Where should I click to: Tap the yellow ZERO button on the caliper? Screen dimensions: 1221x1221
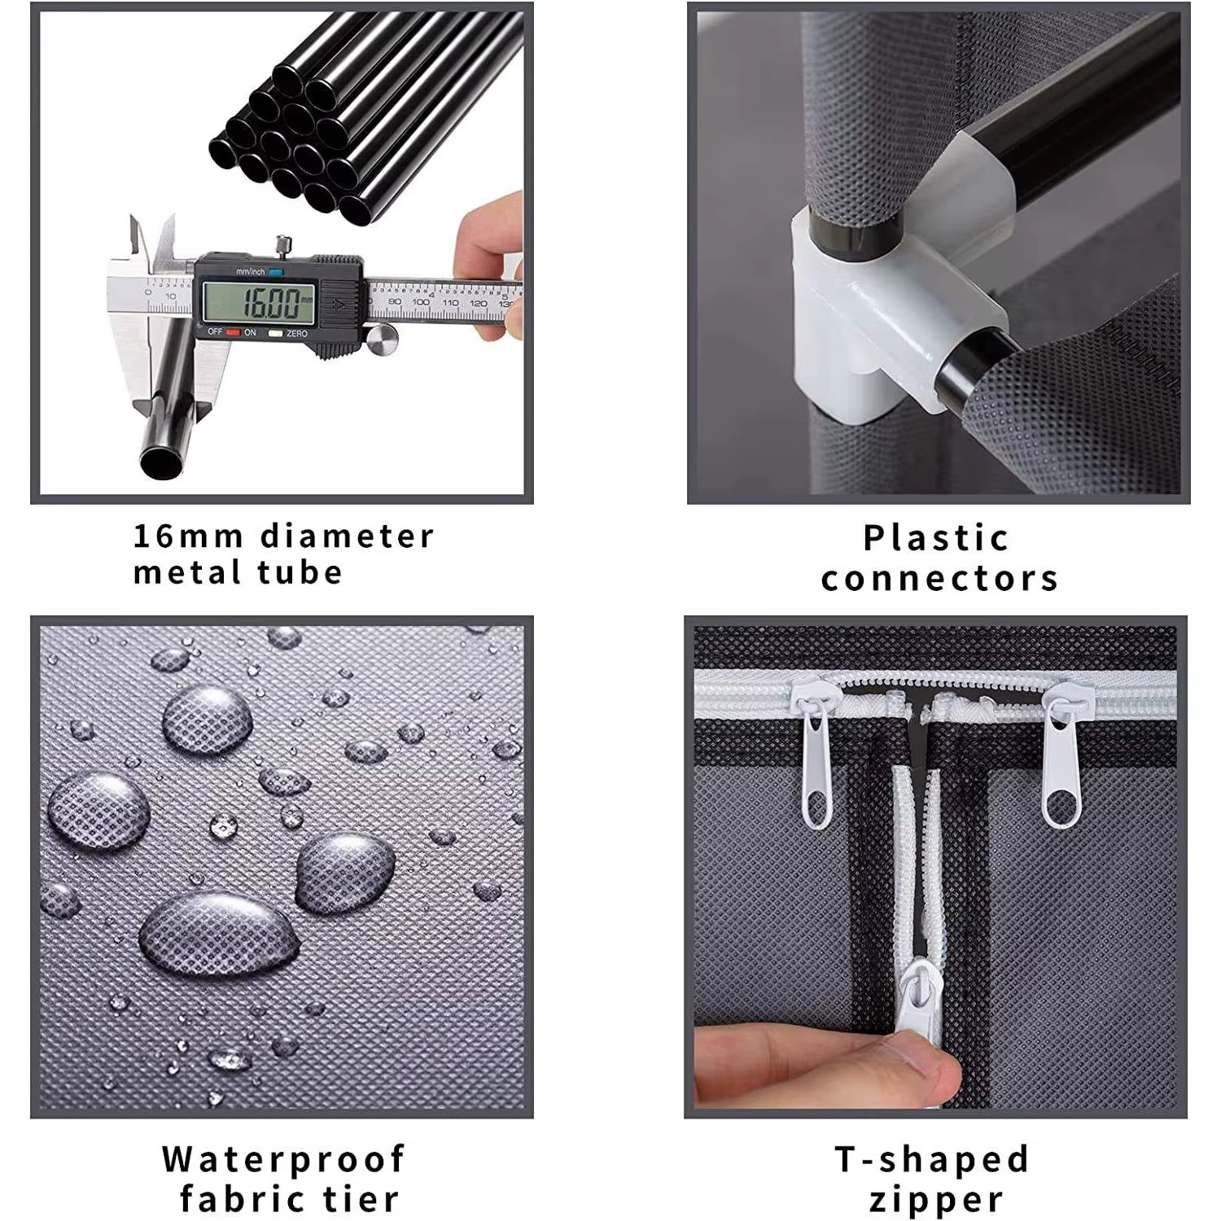click(x=275, y=333)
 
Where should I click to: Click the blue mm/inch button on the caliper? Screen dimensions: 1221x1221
click(x=277, y=272)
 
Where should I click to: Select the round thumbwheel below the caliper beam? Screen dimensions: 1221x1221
click(x=382, y=339)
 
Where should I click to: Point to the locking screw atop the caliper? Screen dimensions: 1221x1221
click(x=282, y=244)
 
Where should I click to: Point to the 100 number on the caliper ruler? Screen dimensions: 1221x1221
click(x=420, y=302)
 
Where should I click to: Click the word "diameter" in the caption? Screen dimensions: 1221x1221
click(x=348, y=536)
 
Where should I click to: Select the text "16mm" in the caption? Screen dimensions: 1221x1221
click(x=188, y=536)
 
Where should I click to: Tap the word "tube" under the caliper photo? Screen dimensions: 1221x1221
click(x=300, y=573)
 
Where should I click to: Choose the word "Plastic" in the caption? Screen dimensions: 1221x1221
click(x=936, y=538)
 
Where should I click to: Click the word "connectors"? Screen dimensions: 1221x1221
click(x=939, y=579)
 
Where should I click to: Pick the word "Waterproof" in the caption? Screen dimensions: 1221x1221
click(x=283, y=1160)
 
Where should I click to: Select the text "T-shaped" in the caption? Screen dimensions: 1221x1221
click(x=932, y=1159)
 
